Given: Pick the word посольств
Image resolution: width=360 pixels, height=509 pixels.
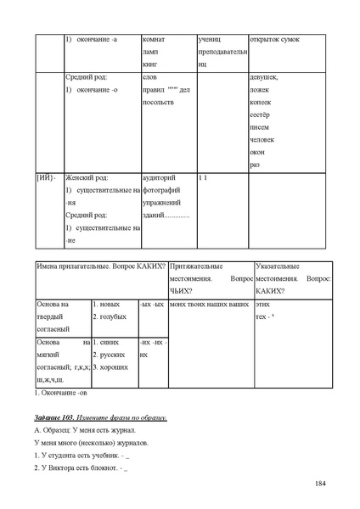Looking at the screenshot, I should tap(159, 102).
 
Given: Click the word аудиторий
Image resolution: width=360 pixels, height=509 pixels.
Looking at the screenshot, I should tap(160, 178).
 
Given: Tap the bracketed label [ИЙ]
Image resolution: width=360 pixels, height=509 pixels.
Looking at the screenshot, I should tap(46, 178).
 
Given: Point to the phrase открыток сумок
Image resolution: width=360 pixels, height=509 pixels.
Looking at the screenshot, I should tap(273, 40).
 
